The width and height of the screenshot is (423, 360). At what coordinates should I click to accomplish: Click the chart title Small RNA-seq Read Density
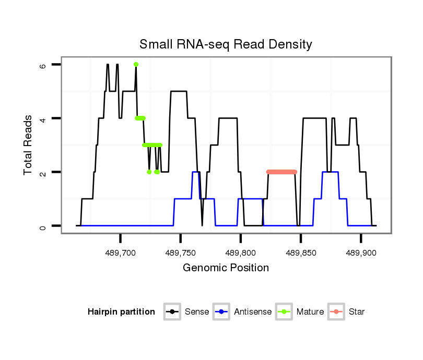point(226,44)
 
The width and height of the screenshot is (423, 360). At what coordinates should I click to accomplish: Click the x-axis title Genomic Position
point(226,268)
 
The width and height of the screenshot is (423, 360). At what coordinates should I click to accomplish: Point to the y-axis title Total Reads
point(28,145)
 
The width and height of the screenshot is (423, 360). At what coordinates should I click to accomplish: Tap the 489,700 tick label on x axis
point(121,253)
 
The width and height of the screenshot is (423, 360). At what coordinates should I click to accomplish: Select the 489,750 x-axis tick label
point(181,253)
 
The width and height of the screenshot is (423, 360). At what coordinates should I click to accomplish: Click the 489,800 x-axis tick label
point(241,253)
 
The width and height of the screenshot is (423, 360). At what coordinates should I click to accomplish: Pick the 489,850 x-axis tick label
point(301,253)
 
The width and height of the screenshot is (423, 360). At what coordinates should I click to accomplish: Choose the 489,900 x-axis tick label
point(361,253)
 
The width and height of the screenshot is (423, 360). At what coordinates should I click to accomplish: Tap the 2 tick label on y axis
point(43,172)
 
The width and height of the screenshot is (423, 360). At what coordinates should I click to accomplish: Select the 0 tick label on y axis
point(43,226)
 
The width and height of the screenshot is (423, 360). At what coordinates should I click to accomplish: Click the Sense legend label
point(197,312)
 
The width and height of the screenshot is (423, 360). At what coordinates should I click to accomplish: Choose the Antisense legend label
point(253,312)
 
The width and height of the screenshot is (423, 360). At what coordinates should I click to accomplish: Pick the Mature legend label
point(310,312)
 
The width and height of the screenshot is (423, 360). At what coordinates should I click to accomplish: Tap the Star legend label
point(357,312)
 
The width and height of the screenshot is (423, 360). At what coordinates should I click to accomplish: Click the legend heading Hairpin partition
point(121,312)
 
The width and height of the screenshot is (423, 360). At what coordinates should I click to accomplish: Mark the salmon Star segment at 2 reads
point(281,172)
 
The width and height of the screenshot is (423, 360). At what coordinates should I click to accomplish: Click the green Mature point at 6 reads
point(136,64)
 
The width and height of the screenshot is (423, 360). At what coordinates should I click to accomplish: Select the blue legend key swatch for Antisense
point(222,312)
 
